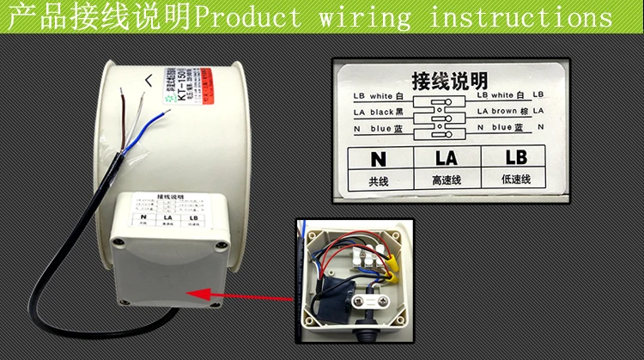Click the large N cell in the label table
[x=379, y=158]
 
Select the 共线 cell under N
[x=379, y=180]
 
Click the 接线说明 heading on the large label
[x=449, y=81]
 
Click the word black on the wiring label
[x=383, y=111]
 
